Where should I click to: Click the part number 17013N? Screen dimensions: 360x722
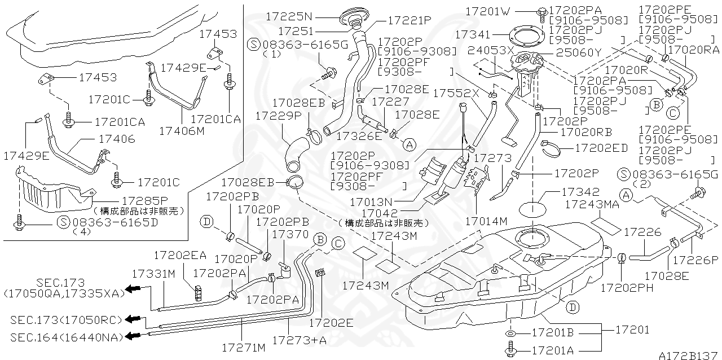tap(369, 201)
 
